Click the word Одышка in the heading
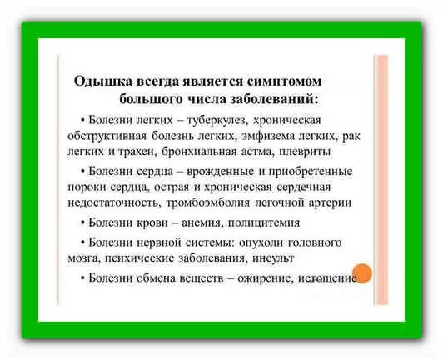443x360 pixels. pyautogui.click(x=100, y=82)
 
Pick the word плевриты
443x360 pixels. pyautogui.click(x=307, y=152)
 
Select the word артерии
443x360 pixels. pyautogui.click(x=331, y=202)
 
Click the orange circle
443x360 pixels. pyautogui.click(x=361, y=273)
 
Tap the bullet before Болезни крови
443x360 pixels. pyautogui.click(x=82, y=222)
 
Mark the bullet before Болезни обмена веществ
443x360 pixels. pyautogui.click(x=82, y=278)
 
